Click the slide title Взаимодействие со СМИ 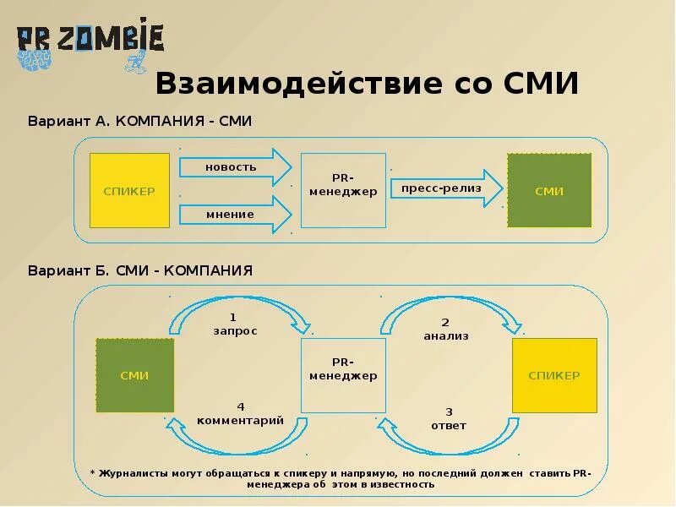[x=367, y=84]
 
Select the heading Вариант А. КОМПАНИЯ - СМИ [x=139, y=122]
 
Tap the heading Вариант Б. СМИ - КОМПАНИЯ [x=140, y=271]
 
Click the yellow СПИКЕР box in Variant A [x=129, y=191]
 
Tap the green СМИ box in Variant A [x=549, y=191]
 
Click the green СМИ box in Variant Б [x=134, y=376]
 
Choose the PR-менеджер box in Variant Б [x=343, y=375]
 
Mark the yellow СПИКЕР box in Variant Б [x=554, y=375]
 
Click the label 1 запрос [x=235, y=325]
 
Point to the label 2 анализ [x=445, y=330]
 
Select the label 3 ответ [x=448, y=419]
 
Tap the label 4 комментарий [x=240, y=414]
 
